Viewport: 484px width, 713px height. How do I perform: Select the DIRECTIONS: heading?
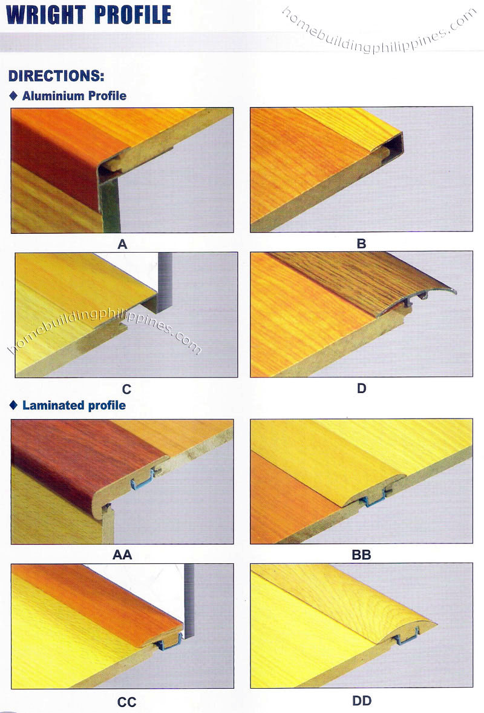pyautogui.click(x=56, y=76)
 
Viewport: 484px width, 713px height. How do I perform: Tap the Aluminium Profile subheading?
pyautogui.click(x=74, y=96)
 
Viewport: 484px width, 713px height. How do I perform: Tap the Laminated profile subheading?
pyautogui.click(x=74, y=405)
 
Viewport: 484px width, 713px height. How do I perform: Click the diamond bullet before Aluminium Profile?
pyautogui.click(x=14, y=96)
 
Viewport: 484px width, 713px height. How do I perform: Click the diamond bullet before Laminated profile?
pyautogui.click(x=14, y=405)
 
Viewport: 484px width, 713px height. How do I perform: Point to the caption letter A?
pyautogui.click(x=122, y=245)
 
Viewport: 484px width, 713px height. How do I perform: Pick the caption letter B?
pyautogui.click(x=361, y=244)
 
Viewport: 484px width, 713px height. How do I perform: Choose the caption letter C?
pyautogui.click(x=126, y=390)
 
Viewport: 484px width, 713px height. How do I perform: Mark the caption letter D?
pyautogui.click(x=361, y=388)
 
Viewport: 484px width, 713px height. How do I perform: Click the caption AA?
pyautogui.click(x=122, y=555)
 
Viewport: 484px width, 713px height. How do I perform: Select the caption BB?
pyautogui.click(x=361, y=555)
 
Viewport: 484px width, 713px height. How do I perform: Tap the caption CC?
pyautogui.click(x=126, y=703)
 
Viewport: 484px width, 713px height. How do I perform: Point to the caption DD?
pyautogui.click(x=361, y=701)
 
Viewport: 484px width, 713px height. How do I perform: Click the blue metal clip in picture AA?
pyautogui.click(x=142, y=481)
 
